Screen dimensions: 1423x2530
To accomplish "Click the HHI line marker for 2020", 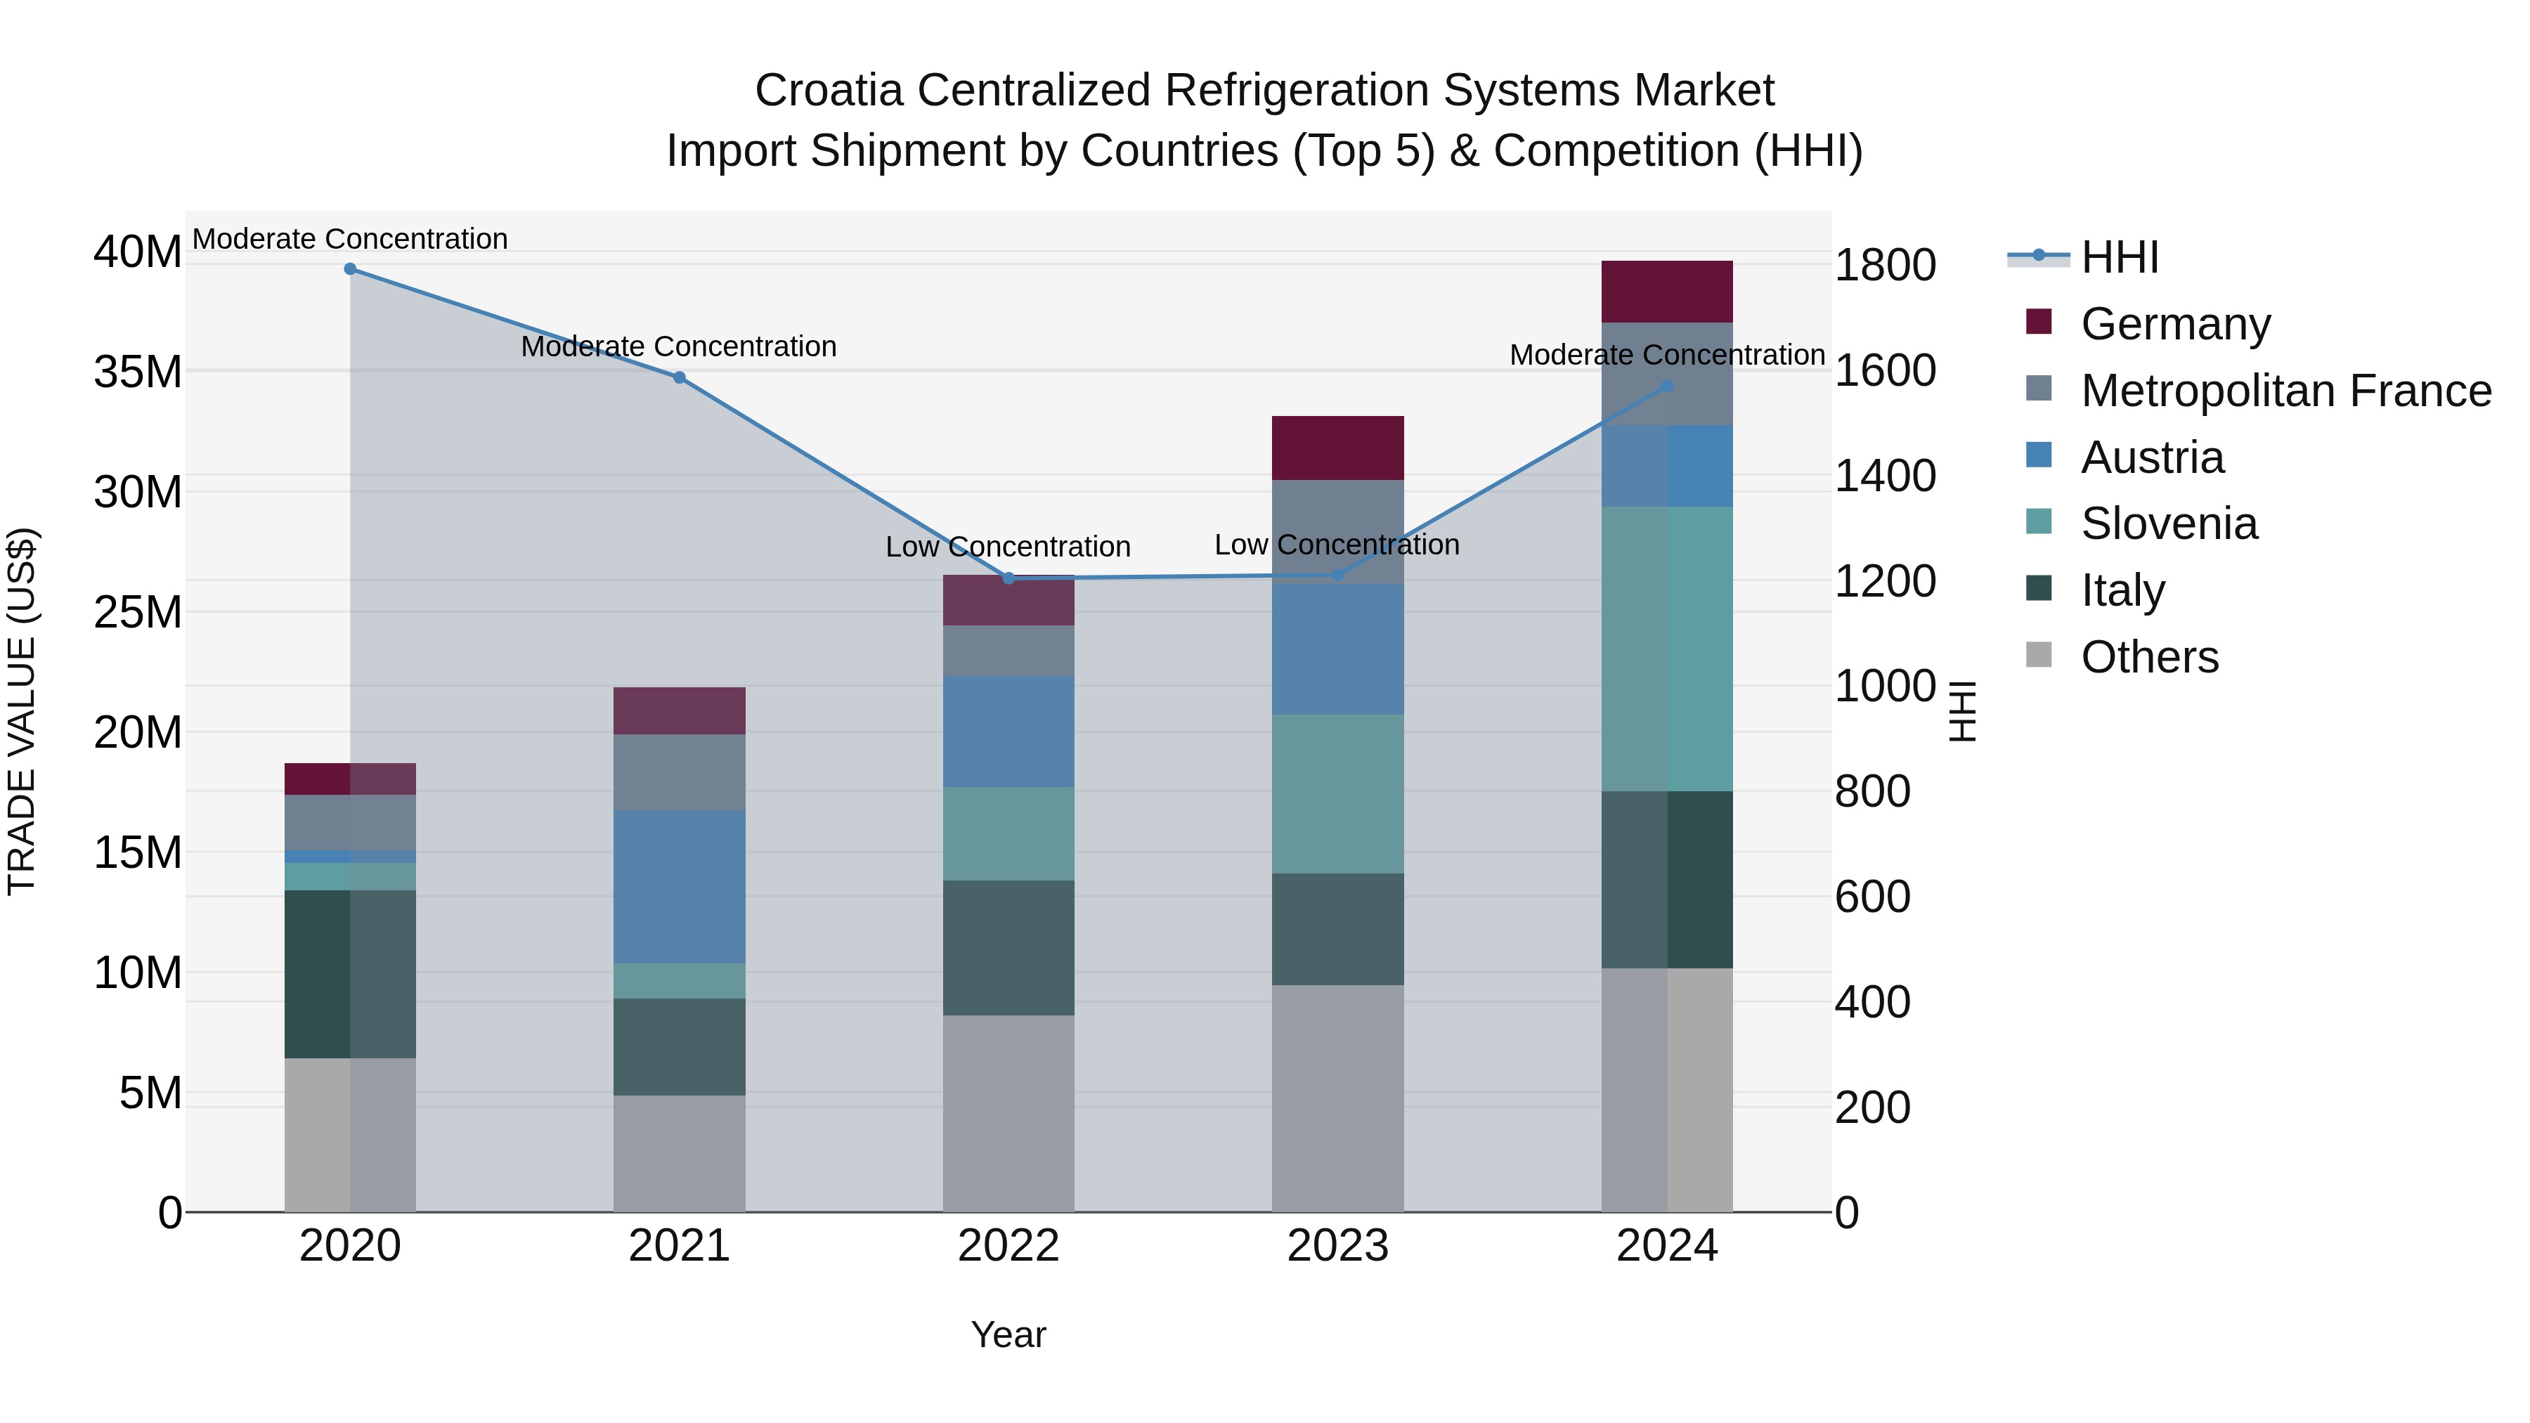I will pos(350,269).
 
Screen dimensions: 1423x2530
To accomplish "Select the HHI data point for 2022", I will pos(1008,578).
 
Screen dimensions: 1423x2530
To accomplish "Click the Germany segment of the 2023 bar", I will pos(1337,448).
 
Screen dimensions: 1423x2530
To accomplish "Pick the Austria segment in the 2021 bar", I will pos(679,886).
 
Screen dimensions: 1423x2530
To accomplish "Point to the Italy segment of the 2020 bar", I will pos(350,973).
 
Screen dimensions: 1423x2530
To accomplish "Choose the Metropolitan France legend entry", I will pos(2285,391).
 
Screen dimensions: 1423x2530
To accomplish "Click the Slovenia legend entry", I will pos(2169,524).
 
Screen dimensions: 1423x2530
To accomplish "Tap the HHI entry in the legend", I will pos(2120,257).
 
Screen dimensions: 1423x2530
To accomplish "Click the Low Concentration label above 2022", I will pos(1008,547).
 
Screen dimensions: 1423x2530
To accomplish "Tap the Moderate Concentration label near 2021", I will pos(679,346).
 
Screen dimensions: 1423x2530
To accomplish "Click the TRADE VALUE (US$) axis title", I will pos(22,711).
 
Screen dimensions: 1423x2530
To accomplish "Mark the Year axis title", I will pos(1008,1334).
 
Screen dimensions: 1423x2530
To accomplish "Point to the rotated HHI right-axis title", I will pos(1961,711).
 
